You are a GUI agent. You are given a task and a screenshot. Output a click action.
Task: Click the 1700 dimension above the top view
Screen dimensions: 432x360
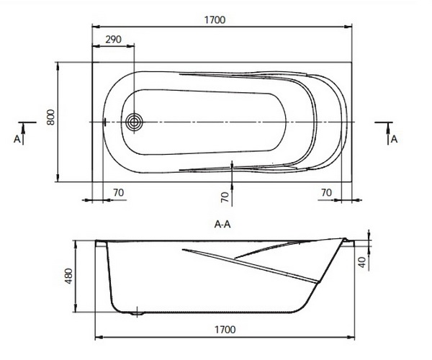(215, 20)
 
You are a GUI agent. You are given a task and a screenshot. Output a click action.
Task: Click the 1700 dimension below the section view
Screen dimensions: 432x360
(225, 330)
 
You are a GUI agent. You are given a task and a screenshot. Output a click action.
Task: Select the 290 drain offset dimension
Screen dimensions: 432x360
(113, 40)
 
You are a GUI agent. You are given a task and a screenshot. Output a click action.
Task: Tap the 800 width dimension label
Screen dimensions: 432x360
(50, 117)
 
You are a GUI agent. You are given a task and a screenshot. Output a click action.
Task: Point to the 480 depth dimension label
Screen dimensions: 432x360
(68, 276)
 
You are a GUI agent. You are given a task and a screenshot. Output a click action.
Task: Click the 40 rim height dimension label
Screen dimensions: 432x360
(363, 261)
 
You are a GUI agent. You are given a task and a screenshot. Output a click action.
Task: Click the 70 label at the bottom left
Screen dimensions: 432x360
(119, 192)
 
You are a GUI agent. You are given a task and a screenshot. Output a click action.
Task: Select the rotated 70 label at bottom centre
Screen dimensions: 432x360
(225, 197)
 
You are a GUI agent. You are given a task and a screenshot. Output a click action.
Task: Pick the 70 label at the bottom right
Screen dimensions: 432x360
(326, 192)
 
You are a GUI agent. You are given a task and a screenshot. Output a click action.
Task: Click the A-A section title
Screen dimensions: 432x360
(222, 225)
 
